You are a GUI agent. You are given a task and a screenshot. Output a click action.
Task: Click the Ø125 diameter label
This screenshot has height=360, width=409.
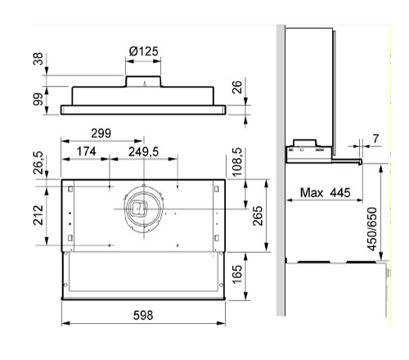pyautogui.click(x=143, y=52)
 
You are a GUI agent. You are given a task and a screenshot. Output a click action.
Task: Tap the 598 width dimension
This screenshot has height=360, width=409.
pyautogui.click(x=143, y=315)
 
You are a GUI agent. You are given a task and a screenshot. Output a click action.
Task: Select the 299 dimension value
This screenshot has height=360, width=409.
pyautogui.click(x=101, y=133)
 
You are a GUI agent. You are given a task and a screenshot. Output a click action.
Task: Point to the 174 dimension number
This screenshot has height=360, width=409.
pyautogui.click(x=86, y=151)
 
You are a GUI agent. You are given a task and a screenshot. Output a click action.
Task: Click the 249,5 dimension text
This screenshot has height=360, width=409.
pyautogui.click(x=143, y=152)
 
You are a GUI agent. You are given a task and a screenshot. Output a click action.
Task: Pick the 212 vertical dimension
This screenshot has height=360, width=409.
pyautogui.click(x=38, y=215)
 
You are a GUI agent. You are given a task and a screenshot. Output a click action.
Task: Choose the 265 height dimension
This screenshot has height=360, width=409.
pyautogui.click(x=258, y=216)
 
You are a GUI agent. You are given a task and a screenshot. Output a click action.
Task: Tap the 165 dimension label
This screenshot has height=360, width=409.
pyautogui.click(x=237, y=274)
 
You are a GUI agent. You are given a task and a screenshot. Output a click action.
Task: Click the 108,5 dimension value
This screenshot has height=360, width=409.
pyautogui.click(x=236, y=162)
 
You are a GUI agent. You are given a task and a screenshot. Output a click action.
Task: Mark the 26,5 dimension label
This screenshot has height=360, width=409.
pyautogui.click(x=38, y=163)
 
